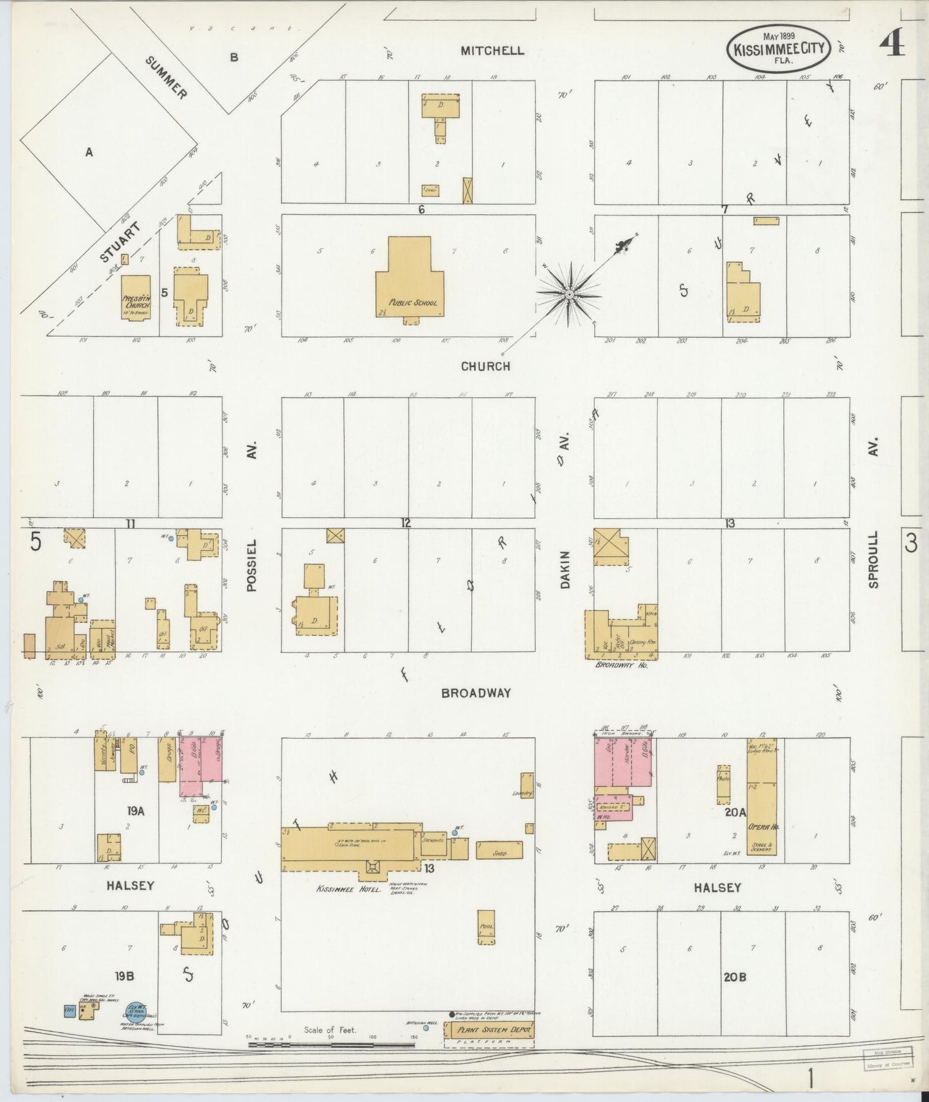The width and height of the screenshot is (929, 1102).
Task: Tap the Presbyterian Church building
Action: pos(136,298)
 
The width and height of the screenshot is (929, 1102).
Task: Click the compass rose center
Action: pos(569,295)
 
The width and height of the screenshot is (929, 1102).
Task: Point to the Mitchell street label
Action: pos(492,51)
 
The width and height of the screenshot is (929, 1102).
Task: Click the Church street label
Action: pos(485,366)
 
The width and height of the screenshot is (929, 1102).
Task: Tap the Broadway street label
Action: pos(476,693)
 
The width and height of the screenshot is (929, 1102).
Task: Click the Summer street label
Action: pos(167,78)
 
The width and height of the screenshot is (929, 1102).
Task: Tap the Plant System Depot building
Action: pos(489,1030)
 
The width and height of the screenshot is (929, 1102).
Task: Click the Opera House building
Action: pos(762,797)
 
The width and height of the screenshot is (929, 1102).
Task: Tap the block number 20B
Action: pos(735,977)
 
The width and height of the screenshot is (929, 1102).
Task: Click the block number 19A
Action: pos(136,811)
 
